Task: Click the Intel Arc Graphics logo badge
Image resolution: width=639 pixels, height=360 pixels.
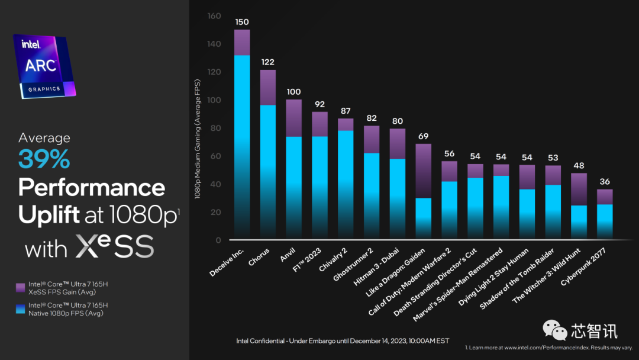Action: pyautogui.click(x=44, y=66)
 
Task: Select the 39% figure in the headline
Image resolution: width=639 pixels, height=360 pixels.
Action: pyautogui.click(x=44, y=159)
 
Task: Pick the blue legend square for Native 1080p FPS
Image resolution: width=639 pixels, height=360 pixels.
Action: pyautogui.click(x=20, y=309)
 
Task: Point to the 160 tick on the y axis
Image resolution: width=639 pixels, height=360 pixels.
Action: pyautogui.click(x=214, y=16)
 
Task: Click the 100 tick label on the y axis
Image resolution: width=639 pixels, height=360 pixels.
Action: pyautogui.click(x=214, y=100)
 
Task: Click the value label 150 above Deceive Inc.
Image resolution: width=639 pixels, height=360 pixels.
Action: pyautogui.click(x=242, y=22)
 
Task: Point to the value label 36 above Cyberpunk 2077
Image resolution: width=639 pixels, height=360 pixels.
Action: pyautogui.click(x=605, y=182)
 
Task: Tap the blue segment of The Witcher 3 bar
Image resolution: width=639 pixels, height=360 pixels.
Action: pyautogui.click(x=579, y=221)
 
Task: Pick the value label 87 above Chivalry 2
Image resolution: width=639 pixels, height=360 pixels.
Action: pyautogui.click(x=346, y=111)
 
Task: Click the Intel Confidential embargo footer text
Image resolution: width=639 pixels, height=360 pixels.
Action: pyautogui.click(x=343, y=340)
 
